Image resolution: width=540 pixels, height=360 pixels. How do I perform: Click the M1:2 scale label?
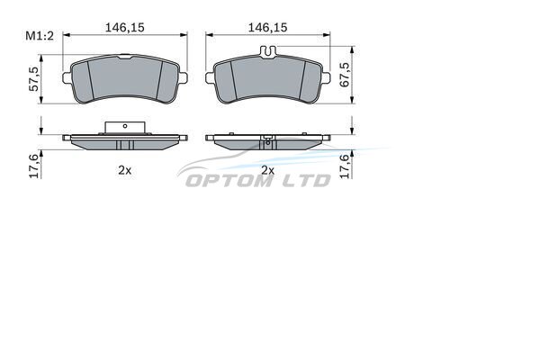(40, 36)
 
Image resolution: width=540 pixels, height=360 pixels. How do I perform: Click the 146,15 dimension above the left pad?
(125, 28)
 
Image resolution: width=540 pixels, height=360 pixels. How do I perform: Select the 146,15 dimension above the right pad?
(267, 28)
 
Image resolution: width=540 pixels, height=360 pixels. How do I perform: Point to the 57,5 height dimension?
(34, 79)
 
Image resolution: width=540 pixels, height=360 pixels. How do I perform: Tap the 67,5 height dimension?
(345, 75)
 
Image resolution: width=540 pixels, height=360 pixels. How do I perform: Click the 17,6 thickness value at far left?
(34, 166)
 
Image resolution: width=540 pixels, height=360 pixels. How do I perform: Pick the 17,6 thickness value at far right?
(345, 166)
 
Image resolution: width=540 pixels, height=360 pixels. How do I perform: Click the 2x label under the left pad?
(125, 170)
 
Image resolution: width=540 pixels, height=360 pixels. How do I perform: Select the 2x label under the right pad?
(267, 170)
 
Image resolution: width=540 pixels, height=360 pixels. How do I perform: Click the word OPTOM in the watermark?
(229, 181)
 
